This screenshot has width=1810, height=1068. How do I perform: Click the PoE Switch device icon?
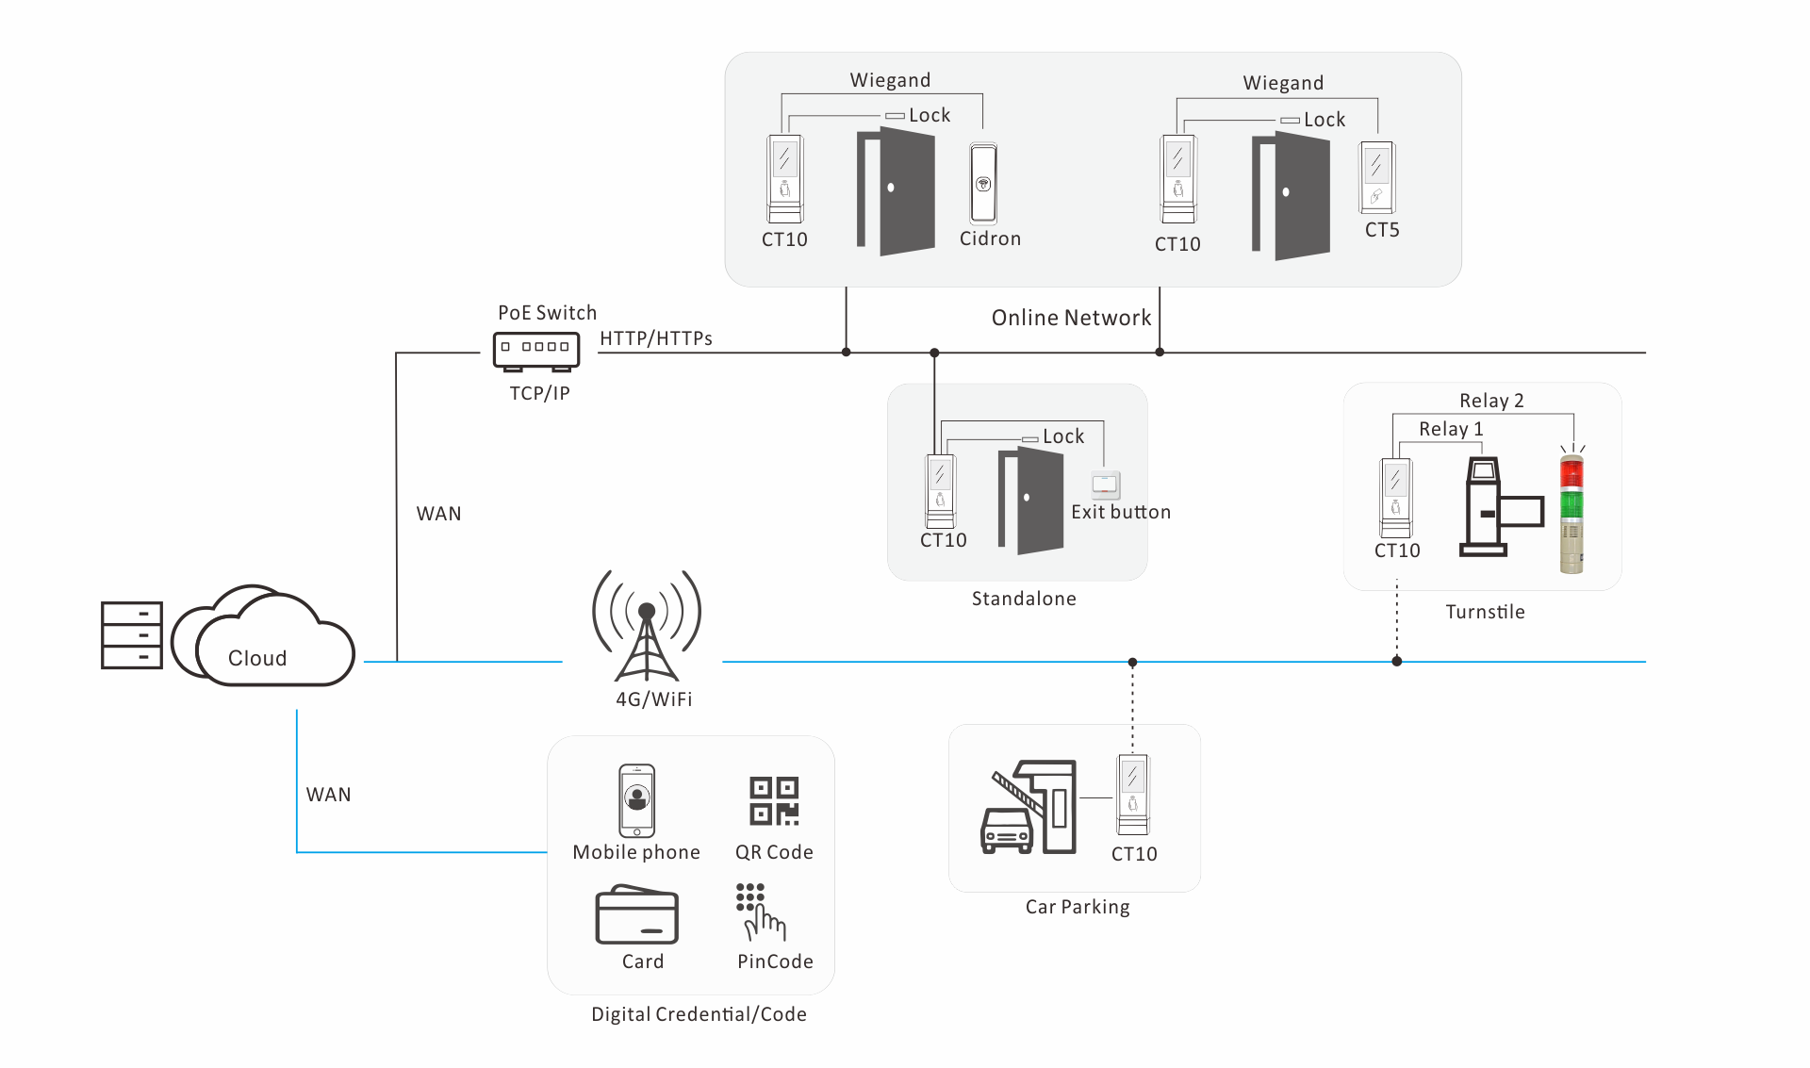coord(536,351)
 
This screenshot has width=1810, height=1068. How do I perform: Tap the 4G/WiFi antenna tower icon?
coord(647,626)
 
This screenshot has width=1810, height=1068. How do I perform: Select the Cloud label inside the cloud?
coord(257,658)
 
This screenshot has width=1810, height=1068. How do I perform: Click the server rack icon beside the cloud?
coord(132,635)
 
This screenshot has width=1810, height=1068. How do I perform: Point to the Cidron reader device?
coord(983,183)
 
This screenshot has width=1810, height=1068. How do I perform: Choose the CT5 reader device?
coord(1376,177)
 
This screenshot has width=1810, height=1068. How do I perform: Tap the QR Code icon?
coord(774,801)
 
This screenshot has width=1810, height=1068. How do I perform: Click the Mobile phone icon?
coord(637,800)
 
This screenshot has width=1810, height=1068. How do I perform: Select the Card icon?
coord(637,914)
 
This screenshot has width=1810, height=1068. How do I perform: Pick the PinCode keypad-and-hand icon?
coord(760,912)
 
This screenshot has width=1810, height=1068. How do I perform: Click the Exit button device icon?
coord(1106,485)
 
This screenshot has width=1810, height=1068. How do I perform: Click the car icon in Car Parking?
coord(1007,830)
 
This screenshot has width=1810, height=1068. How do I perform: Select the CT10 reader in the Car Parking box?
coord(1133,795)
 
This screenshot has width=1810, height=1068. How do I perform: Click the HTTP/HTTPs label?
coord(656,338)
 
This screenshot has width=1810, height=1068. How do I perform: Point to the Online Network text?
coord(1071,318)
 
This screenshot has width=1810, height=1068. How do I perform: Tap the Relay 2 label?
coord(1491,401)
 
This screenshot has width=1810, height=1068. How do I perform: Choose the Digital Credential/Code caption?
coord(699,1014)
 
